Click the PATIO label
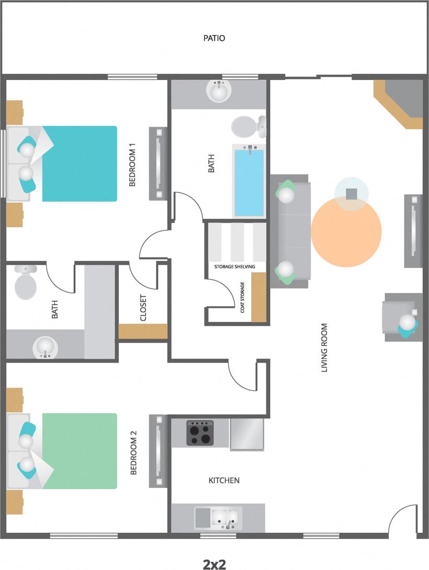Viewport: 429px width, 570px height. pos(214,38)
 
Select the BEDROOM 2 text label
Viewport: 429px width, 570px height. pos(133,452)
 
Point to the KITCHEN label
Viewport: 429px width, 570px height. pos(224,480)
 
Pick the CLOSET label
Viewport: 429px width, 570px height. pos(143,308)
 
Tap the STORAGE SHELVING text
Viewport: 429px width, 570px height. pos(235,266)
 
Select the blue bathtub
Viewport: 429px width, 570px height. pos(249,182)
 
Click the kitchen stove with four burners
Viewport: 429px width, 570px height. pos(200,433)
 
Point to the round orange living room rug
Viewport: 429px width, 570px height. pos(346,231)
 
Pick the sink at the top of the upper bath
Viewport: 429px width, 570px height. pos(219,92)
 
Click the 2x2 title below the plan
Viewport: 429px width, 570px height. pos(214,564)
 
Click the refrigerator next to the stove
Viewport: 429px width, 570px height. pos(247,433)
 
